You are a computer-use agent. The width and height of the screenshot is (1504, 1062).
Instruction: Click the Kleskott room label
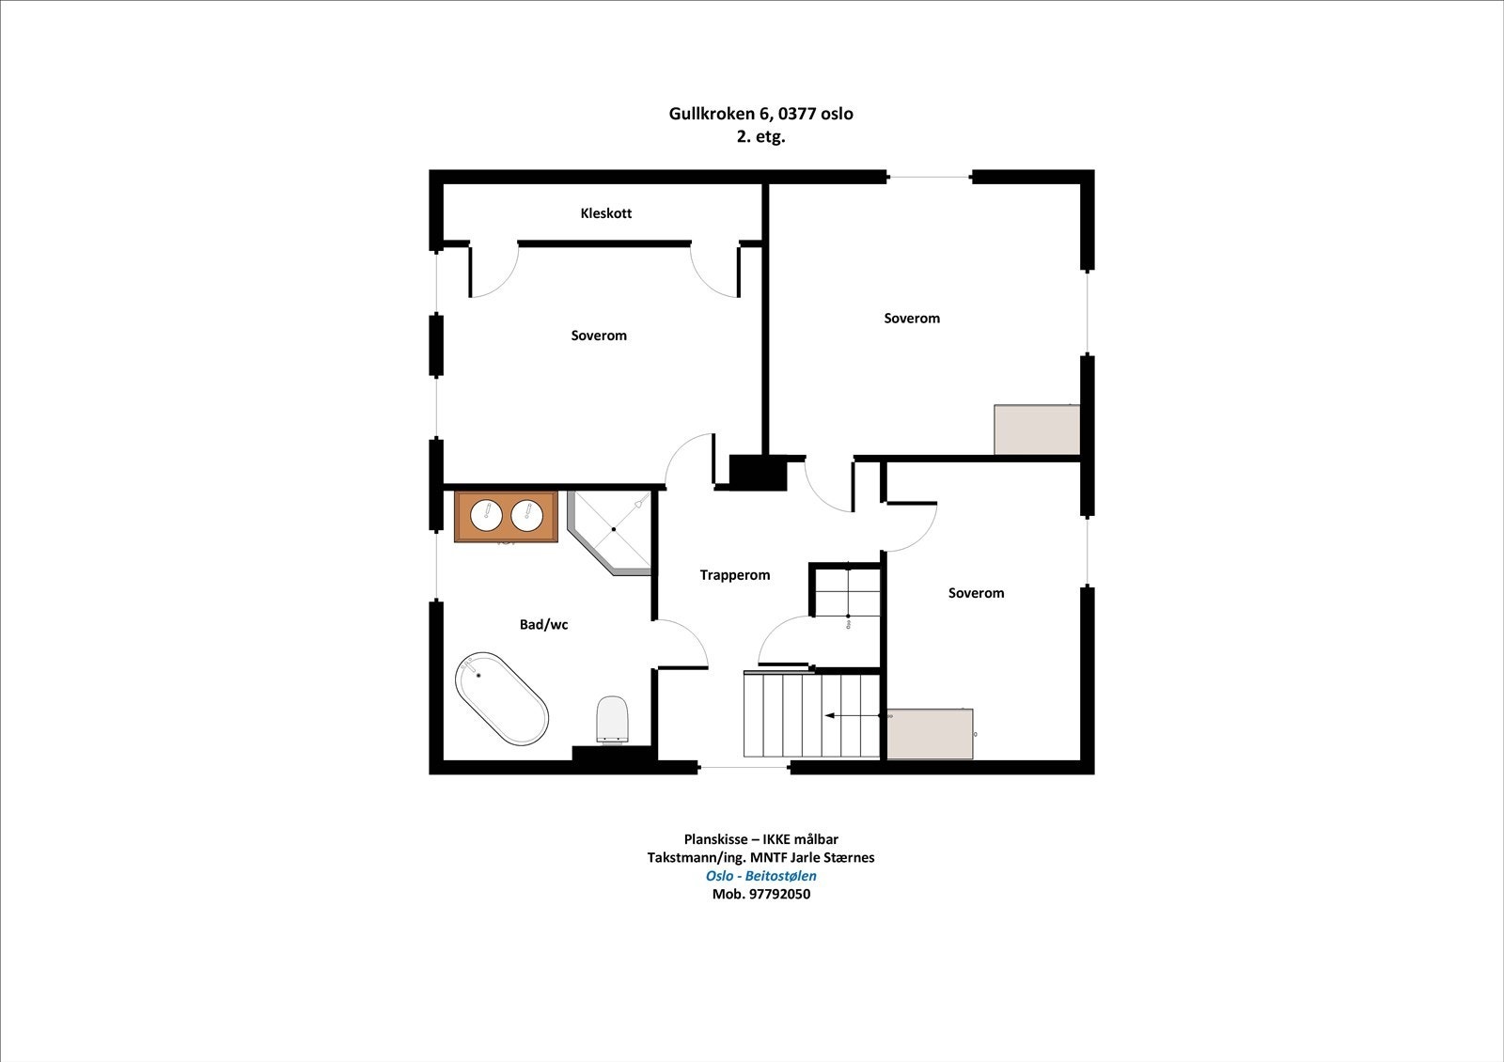pos(605,213)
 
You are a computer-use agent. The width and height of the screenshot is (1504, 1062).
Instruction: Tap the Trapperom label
pos(734,575)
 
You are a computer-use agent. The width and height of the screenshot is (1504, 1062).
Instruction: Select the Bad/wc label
pos(544,625)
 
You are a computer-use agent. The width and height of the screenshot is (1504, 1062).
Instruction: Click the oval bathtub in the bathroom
pos(502,698)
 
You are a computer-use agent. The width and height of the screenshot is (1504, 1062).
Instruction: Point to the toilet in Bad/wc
pos(612,720)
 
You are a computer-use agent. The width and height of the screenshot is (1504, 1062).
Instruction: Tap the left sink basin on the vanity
pos(486,516)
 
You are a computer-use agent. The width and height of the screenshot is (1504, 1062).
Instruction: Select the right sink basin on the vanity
pos(527,516)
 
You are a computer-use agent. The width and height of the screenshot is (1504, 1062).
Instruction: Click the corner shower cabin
pos(610,533)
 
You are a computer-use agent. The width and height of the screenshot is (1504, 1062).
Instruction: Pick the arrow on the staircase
pos(852,715)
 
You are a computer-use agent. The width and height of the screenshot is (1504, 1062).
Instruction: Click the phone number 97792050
pos(779,894)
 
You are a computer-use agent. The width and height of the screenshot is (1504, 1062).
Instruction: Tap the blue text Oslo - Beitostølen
pos(760,876)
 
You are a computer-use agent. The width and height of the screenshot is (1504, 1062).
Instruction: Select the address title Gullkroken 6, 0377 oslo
pos(760,114)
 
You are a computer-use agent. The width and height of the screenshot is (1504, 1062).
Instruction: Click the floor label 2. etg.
pos(760,137)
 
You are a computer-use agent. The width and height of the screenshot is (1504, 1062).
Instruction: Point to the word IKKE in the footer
pos(776,839)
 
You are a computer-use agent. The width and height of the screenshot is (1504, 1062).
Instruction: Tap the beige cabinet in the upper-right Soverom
pos(1037,429)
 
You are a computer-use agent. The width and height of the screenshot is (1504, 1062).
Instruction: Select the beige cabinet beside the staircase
pos(930,734)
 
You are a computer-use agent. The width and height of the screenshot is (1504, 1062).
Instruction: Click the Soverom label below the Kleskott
pos(599,336)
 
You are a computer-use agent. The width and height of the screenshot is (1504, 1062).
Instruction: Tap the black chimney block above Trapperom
pos(758,473)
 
